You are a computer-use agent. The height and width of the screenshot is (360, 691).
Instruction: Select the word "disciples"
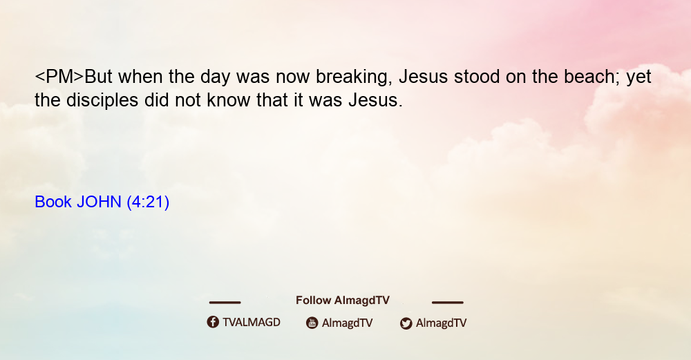(102, 101)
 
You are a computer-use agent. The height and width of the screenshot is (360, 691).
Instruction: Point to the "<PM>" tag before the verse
(59, 77)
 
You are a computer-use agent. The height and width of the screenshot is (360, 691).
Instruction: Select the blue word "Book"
(53, 202)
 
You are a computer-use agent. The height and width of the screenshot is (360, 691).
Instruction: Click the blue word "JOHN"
(99, 202)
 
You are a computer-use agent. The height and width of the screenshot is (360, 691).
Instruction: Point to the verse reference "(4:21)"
(148, 202)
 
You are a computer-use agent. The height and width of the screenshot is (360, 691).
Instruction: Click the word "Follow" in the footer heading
(313, 301)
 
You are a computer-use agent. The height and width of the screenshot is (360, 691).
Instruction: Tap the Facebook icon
(213, 322)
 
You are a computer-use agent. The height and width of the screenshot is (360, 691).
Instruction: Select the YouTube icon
(312, 323)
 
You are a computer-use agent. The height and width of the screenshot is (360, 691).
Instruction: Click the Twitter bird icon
(406, 323)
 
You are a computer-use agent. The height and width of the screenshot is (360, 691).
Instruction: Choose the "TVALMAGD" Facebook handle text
(252, 323)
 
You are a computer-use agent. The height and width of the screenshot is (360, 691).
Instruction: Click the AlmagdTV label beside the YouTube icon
(348, 323)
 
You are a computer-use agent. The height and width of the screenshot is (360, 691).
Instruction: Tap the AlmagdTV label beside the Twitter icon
(441, 323)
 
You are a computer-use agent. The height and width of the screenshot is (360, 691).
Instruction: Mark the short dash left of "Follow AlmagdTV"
(225, 303)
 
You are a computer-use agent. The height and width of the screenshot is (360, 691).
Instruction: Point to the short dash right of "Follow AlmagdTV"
(448, 303)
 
